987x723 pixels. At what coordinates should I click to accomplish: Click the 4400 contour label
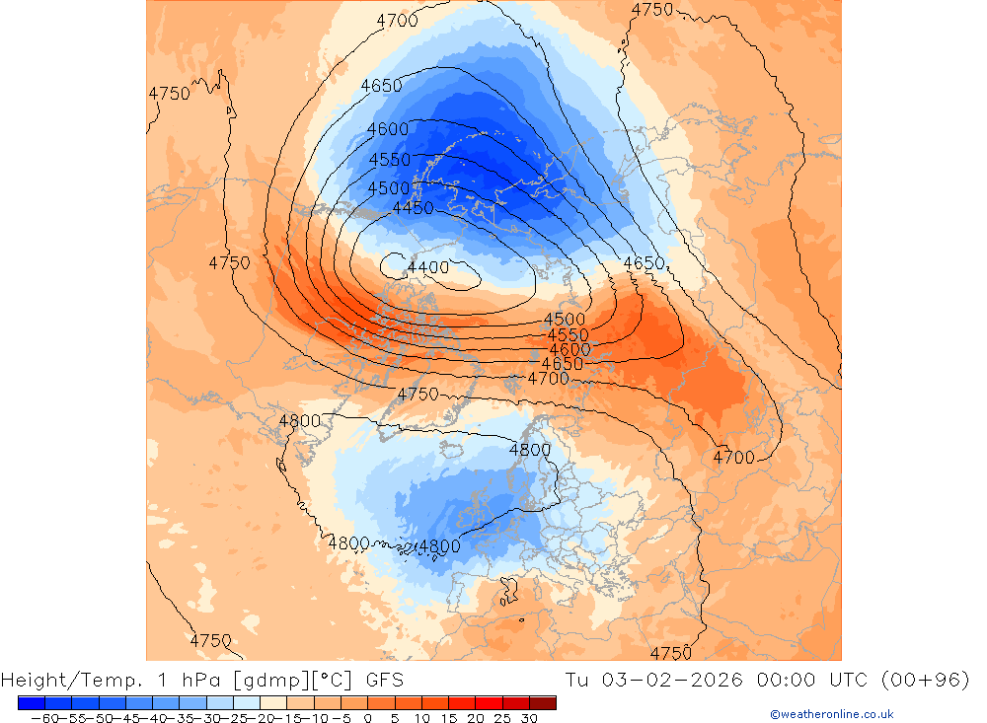(427, 267)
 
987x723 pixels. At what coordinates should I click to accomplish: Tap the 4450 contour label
(413, 208)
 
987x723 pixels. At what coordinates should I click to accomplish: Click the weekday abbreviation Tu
(578, 680)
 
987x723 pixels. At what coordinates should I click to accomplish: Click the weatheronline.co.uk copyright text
(831, 714)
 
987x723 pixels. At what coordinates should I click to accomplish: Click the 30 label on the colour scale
(529, 718)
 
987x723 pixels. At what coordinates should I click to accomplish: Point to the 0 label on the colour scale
(368, 718)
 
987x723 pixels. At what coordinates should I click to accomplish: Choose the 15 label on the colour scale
(448, 718)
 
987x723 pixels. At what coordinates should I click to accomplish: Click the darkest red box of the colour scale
(543, 703)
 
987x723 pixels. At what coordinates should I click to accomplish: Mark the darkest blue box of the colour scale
(31, 703)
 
